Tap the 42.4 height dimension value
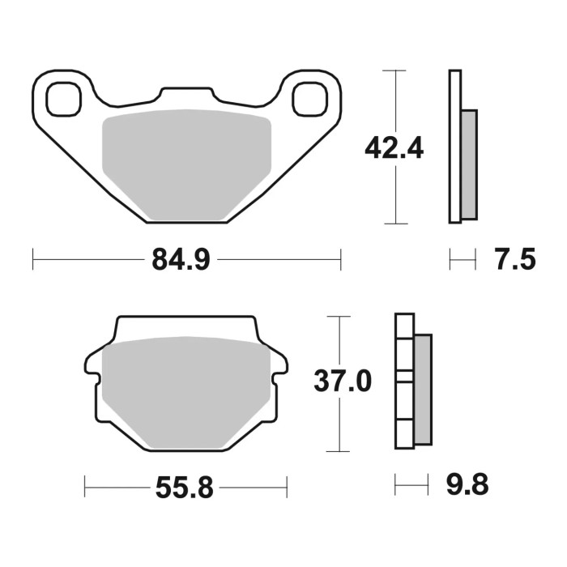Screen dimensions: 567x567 [394, 148]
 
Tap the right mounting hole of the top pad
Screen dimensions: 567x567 [309, 100]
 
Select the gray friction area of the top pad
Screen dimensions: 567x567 [186, 162]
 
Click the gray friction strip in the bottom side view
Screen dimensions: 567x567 [423, 390]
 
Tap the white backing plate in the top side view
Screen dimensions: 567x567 [454, 147]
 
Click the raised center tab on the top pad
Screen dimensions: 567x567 [186, 96]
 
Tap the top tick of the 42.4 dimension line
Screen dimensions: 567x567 [394, 71]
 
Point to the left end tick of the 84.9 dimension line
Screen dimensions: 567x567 [32, 260]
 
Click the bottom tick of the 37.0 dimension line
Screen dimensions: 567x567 [338, 451]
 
